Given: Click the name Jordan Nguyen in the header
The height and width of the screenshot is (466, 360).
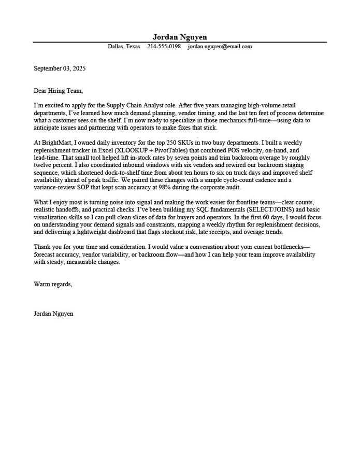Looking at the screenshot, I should (x=180, y=37).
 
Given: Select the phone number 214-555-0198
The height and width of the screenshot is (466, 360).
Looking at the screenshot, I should (x=164, y=47).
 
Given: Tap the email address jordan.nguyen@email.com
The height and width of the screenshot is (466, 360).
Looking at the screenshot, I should (x=220, y=47).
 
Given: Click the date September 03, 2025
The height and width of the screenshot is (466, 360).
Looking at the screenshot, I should (x=60, y=68).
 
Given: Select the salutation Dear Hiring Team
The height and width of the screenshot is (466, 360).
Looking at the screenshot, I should (x=58, y=91).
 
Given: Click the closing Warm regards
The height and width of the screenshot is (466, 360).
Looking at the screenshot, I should (x=53, y=284).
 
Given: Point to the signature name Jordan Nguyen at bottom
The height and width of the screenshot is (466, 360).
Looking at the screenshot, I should (x=53, y=314).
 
